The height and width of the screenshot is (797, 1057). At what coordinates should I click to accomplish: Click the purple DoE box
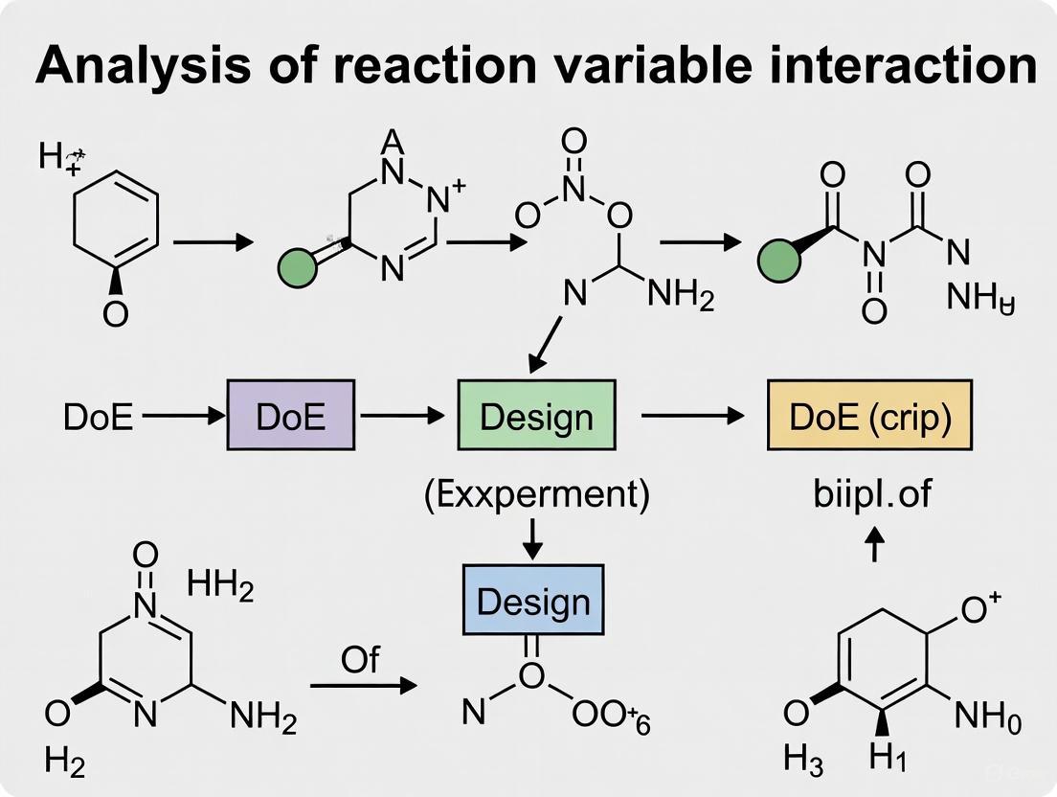coord(290,416)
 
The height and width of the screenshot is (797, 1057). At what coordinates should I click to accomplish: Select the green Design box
coord(536,416)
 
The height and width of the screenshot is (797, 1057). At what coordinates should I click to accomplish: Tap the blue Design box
coord(533,601)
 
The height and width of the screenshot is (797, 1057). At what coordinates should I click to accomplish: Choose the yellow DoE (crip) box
coord(869,416)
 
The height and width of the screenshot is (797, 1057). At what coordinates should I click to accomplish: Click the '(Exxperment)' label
coord(536,495)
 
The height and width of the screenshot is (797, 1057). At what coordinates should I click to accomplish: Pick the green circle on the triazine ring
coord(300,267)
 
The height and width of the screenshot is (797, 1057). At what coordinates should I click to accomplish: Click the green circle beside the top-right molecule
coord(778,259)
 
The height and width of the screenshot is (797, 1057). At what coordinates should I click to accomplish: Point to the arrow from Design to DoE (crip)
coord(691,416)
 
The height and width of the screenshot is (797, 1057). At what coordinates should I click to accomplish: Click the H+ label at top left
coord(58,157)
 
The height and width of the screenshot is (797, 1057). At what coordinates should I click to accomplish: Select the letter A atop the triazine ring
coord(391,143)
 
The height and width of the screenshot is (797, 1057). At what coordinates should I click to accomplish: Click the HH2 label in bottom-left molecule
coord(221,583)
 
